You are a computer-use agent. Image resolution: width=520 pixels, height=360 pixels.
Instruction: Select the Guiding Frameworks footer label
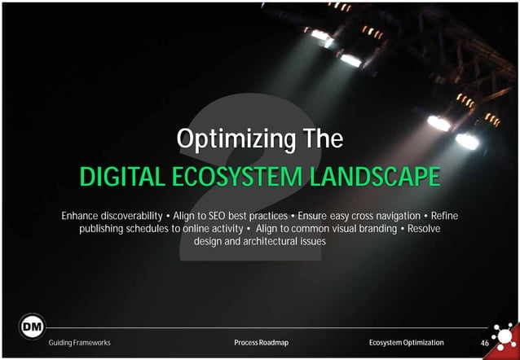click(80, 343)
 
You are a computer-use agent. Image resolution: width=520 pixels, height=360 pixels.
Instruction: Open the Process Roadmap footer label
click(260, 343)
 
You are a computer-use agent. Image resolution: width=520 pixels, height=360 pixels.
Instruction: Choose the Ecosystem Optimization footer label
click(407, 343)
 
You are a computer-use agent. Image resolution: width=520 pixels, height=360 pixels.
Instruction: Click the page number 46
click(484, 343)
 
